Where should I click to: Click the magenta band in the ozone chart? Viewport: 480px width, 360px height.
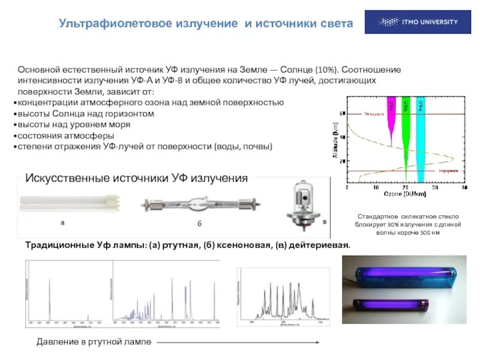click(x=391, y=120)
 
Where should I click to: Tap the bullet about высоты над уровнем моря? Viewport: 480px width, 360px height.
click(x=73, y=125)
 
